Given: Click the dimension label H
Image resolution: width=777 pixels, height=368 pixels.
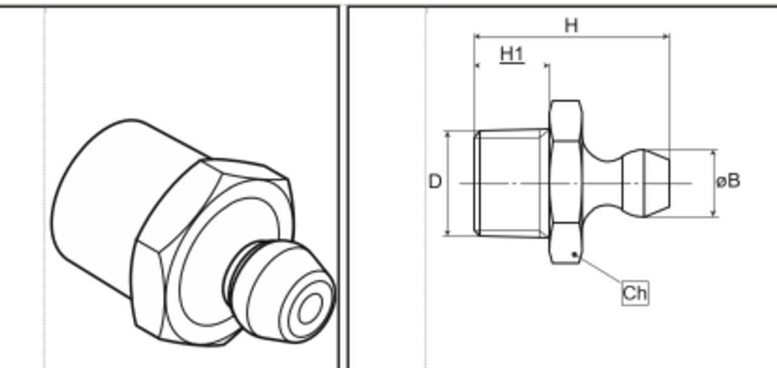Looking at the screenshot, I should pos(571,26).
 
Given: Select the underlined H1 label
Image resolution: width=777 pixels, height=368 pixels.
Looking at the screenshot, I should pos(512,54).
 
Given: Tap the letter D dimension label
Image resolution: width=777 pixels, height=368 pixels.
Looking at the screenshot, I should pos(435,182).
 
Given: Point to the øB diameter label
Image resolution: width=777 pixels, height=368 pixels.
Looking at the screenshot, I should pos(728,181).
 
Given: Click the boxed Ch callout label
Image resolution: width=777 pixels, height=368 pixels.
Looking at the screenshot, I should pos(635,293).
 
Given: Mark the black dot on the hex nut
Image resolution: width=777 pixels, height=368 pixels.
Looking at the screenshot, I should pos(574,255).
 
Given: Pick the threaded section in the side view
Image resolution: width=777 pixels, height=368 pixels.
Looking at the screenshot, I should pos(512,182).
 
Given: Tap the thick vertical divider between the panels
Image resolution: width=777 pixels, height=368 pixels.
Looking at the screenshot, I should pos(343,182).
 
